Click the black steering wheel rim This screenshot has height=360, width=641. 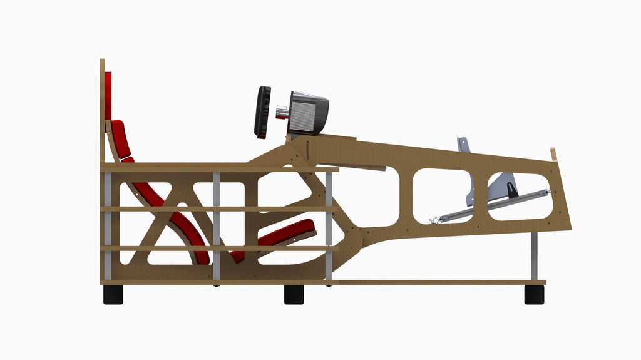pyautogui.click(x=262, y=112)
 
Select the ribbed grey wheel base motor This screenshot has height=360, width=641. pyautogui.click(x=309, y=113)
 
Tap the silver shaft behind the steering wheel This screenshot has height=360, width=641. pyautogui.click(x=282, y=112)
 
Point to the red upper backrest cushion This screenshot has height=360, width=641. pyautogui.click(x=120, y=139)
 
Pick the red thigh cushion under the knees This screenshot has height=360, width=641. pyautogui.click(x=288, y=232)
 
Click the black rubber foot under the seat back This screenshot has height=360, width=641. pyautogui.click(x=113, y=294)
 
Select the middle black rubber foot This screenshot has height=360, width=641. pyautogui.click(x=294, y=294)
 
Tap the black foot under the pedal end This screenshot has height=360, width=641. pyautogui.click(x=534, y=294)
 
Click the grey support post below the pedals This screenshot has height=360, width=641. pyautogui.click(x=534, y=257)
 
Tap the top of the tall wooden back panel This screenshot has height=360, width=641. pyautogui.click(x=102, y=63)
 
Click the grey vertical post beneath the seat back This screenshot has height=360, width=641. pyautogui.click(x=108, y=225)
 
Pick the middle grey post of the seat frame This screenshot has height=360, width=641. pyautogui.click(x=217, y=225)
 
